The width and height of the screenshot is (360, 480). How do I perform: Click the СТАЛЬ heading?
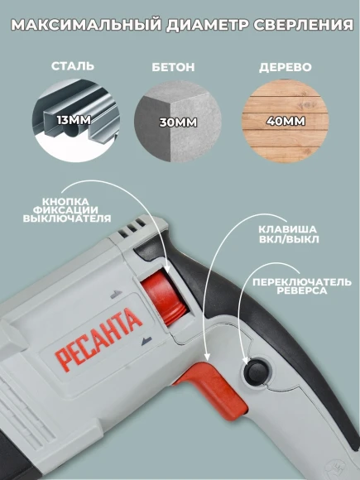(x=73, y=65)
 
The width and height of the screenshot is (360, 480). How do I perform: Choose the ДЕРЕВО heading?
(x=278, y=65)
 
